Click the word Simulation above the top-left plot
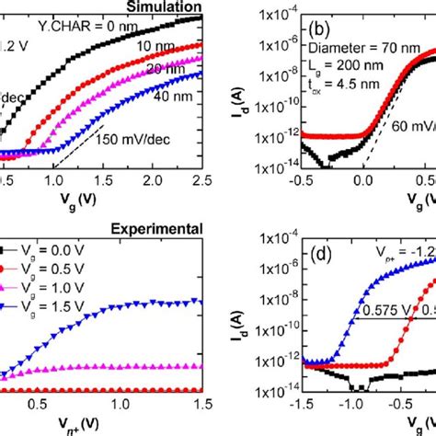point(167,6)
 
